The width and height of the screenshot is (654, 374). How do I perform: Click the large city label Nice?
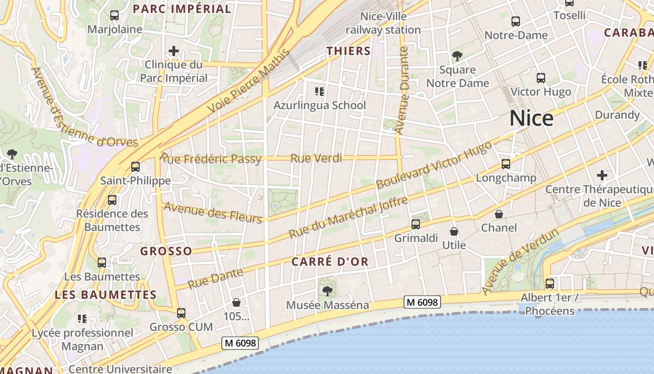pos(531,118)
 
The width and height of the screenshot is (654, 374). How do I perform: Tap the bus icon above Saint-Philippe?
pos(135,166)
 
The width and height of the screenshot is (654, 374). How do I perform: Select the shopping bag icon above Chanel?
pos(499,214)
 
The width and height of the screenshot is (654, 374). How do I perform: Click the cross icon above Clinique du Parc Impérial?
pos(174,50)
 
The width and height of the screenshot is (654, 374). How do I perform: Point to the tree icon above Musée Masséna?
pos(327,291)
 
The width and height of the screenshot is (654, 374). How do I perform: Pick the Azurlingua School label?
pos(320,105)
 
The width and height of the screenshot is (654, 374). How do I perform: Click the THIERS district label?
pos(348,51)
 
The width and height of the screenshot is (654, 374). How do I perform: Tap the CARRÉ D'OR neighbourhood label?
pos(330,262)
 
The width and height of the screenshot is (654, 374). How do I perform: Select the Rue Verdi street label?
pos(316,158)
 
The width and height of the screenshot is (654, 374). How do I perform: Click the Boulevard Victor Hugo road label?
pos(434,165)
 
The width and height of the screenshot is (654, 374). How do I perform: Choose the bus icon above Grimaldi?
pos(416,224)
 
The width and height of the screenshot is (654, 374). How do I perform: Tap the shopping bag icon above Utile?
pos(454,231)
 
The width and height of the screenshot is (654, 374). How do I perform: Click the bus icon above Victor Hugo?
pos(541,78)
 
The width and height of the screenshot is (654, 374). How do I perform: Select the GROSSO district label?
pos(166,251)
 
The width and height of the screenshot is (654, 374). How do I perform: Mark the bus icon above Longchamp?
pos(506,164)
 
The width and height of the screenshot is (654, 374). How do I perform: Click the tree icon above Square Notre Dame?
pos(457,57)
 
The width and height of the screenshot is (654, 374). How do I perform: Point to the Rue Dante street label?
pos(215,278)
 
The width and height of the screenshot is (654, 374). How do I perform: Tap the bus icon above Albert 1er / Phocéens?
pos(550,283)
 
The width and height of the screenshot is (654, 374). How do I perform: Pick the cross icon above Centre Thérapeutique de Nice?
pos(602,176)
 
